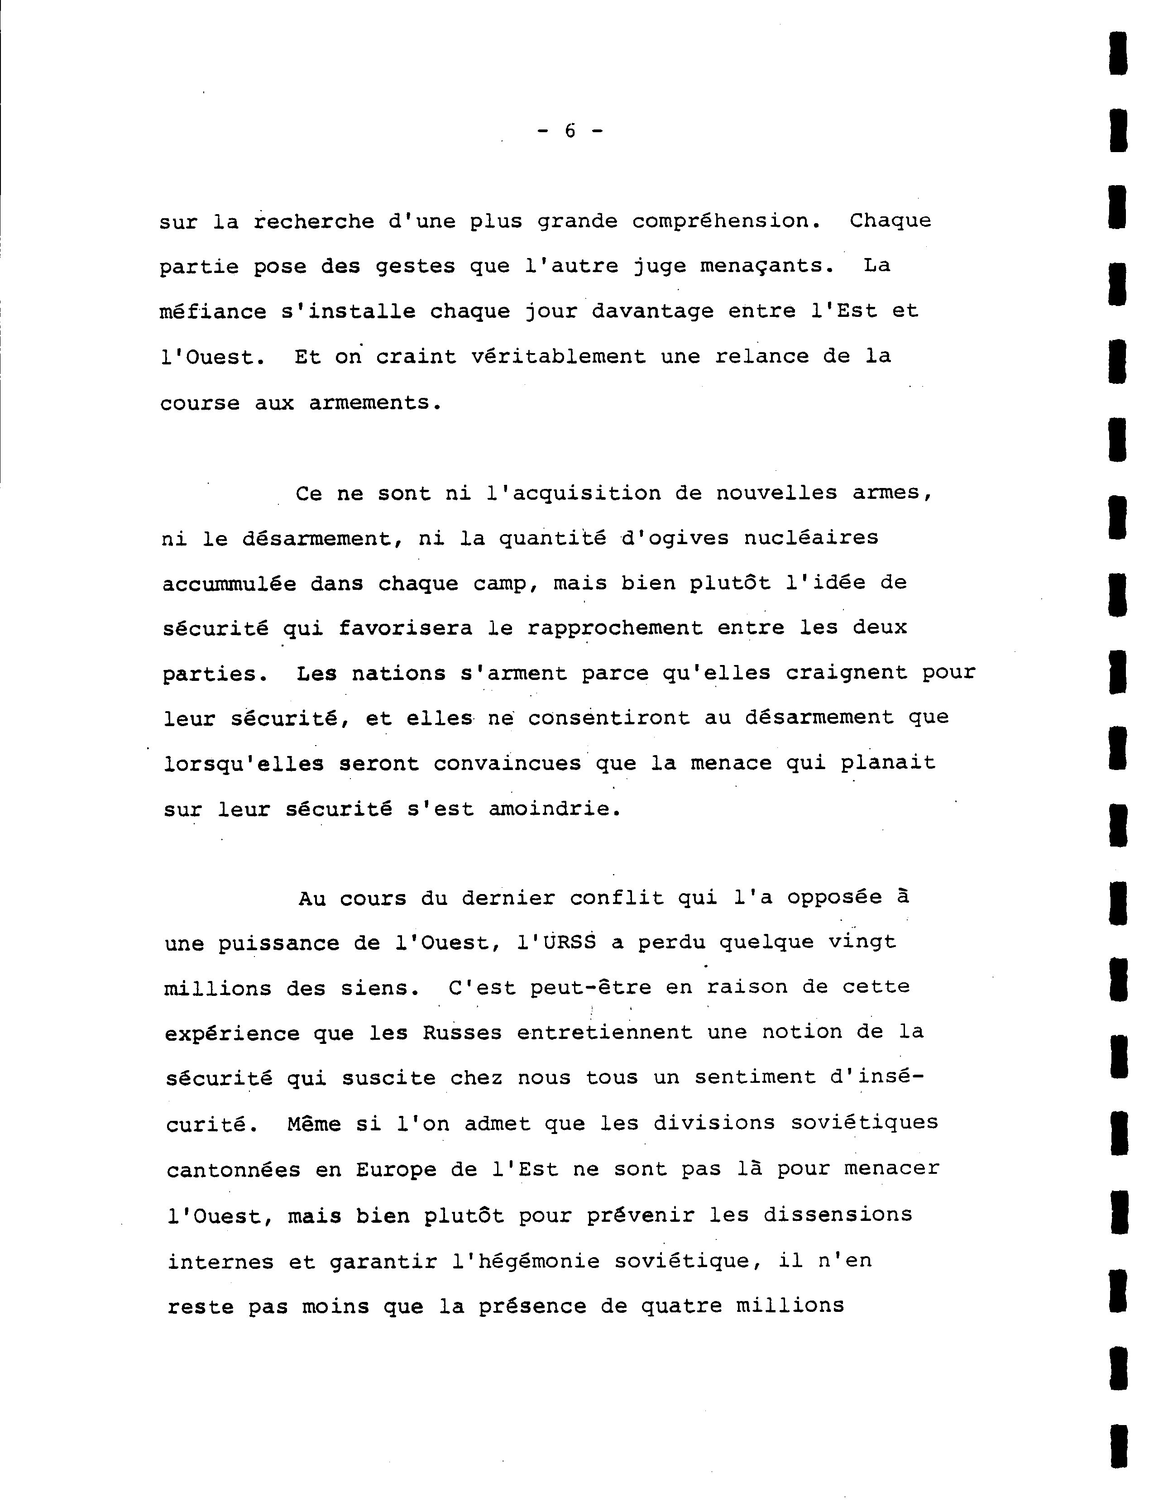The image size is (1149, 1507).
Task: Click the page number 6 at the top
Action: (570, 130)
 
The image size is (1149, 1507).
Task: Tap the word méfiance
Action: (213, 312)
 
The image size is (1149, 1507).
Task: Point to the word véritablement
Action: (558, 357)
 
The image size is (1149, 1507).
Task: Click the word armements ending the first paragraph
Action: (374, 403)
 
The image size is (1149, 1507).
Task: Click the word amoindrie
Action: (554, 809)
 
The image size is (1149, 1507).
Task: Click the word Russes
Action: (462, 1033)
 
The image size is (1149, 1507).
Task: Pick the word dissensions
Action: (838, 1215)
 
